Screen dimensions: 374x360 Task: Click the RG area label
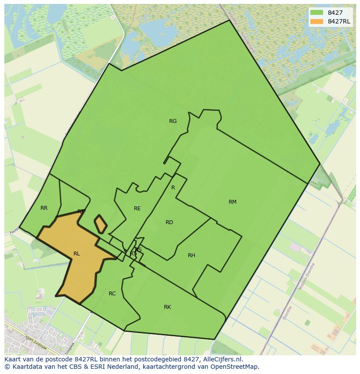coord(173,121)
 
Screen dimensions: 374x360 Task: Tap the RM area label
coord(233,202)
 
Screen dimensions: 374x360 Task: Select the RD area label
coord(169,222)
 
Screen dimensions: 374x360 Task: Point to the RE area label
coord(137,209)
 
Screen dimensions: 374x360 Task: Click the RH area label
coord(191,255)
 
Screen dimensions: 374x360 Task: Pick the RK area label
coord(167,307)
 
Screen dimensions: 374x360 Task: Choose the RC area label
coord(112,294)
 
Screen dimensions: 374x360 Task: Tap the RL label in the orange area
coord(77,254)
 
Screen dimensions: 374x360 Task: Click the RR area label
coord(44,208)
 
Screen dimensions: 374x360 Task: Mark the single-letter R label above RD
coord(173,188)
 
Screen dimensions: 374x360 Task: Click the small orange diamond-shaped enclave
coord(100,224)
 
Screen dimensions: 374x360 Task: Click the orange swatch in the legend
coord(317,21)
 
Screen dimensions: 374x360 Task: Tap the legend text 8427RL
coord(339,21)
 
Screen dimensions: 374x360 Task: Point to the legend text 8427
coord(335,13)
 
